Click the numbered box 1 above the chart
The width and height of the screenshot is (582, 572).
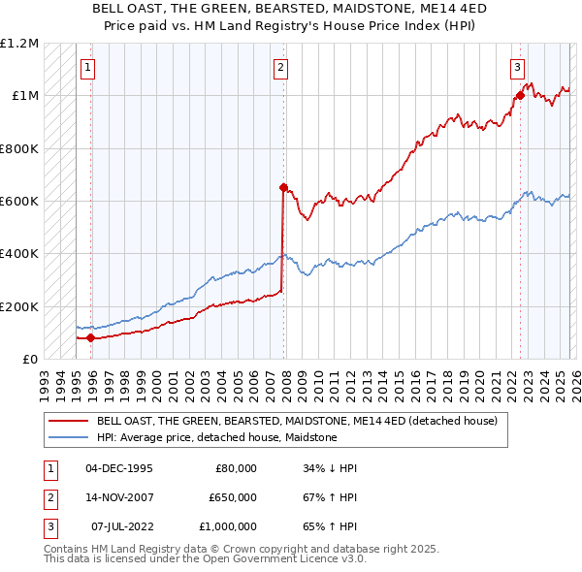click(x=88, y=68)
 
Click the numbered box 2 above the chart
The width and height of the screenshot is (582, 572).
click(x=280, y=68)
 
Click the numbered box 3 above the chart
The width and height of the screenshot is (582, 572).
click(x=517, y=68)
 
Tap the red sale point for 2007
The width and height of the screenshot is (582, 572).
click(x=283, y=187)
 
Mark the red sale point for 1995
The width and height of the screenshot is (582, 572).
click(x=91, y=337)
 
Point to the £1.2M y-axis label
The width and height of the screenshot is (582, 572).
click(x=20, y=44)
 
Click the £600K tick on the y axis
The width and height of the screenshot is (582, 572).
click(x=20, y=202)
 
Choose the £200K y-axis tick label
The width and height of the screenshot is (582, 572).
click(x=20, y=306)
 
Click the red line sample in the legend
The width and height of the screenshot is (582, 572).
click(x=68, y=422)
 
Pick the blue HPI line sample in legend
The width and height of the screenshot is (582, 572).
click(x=68, y=438)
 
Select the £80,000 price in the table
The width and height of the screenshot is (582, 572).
click(x=233, y=468)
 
